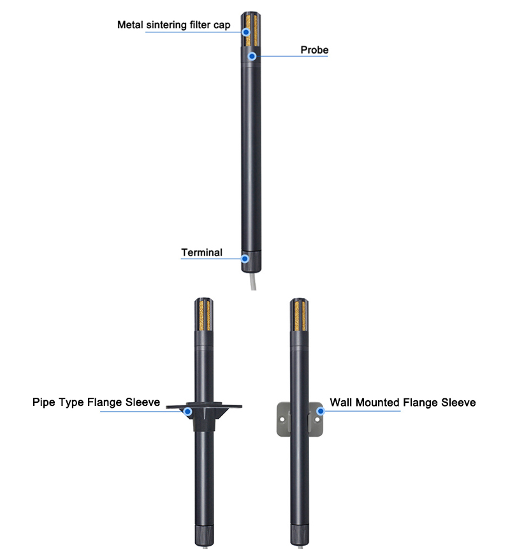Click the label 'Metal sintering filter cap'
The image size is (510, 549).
pyautogui.click(x=173, y=26)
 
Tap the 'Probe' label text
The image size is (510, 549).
pyautogui.click(x=314, y=50)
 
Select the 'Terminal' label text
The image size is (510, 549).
pyautogui.click(x=201, y=252)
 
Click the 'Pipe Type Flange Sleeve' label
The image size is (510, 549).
pyautogui.click(x=96, y=403)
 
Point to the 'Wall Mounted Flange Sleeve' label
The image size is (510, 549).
pyautogui.click(x=402, y=403)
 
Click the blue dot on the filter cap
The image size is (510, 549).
pyautogui.click(x=245, y=31)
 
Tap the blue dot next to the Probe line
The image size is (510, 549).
pyautogui.click(x=252, y=56)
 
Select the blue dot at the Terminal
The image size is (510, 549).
pyautogui.click(x=244, y=259)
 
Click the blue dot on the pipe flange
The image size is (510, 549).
pyautogui.click(x=187, y=412)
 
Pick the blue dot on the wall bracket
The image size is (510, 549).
pyautogui.click(x=320, y=412)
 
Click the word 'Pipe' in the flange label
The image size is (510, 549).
pyautogui.click(x=45, y=403)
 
